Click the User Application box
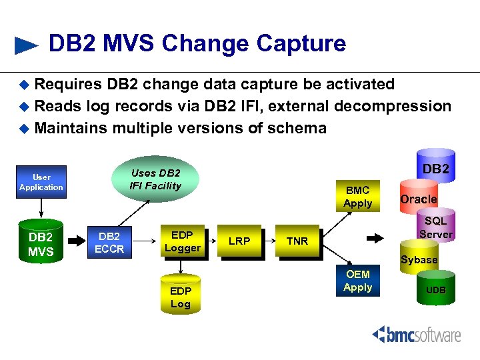point(41,182)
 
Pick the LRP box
point(239,241)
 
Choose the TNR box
point(297,241)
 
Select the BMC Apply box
point(357,197)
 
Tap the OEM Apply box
point(357,281)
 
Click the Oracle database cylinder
point(418,199)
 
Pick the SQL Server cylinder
point(435,227)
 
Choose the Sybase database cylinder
point(419,259)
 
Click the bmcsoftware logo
point(416,334)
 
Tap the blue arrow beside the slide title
point(26,45)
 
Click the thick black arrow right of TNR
point(375,237)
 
